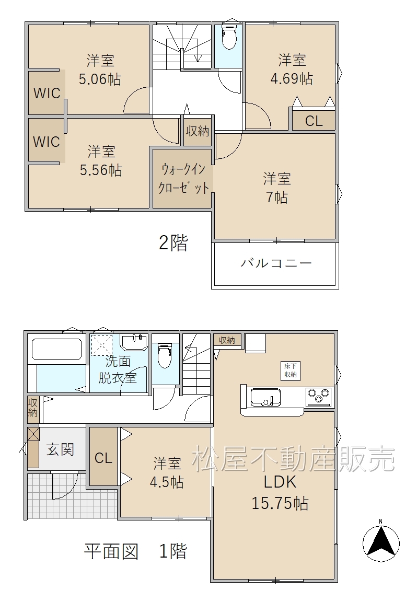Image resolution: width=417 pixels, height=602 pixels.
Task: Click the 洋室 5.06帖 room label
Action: coord(100,70)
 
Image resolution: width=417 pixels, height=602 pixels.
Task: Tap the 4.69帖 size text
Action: coord(292,79)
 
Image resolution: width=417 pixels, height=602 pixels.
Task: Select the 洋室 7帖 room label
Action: coord(276,188)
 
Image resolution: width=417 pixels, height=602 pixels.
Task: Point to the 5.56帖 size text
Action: coord(101,170)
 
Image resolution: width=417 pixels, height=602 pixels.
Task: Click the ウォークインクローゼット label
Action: coord(183,178)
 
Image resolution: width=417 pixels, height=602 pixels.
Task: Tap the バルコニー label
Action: coord(276,263)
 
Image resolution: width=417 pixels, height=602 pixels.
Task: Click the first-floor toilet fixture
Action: coord(165,355)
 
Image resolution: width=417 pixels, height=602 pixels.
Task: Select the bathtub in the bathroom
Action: coord(57,348)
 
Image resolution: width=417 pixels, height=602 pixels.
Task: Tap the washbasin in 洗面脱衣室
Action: coord(134,342)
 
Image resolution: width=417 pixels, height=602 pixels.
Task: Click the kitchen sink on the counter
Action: coord(265,397)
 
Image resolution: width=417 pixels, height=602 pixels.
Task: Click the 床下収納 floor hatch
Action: coord(291,371)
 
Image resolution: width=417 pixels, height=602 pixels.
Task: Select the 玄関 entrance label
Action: coord(60,449)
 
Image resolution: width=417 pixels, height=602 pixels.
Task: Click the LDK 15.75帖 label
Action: coord(280,492)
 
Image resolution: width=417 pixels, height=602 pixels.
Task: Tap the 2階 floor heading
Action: coord(173,243)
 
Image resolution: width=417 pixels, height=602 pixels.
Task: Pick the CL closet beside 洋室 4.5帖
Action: coord(103,457)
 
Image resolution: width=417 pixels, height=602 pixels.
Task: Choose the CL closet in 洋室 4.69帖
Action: coord(314,120)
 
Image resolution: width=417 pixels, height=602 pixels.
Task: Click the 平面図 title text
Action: coord(111,551)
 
